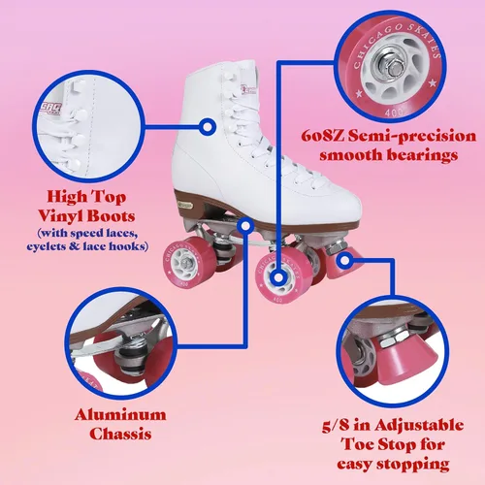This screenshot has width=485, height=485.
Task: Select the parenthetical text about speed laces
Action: click(92, 241)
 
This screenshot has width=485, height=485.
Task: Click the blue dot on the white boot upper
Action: click(206, 126)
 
